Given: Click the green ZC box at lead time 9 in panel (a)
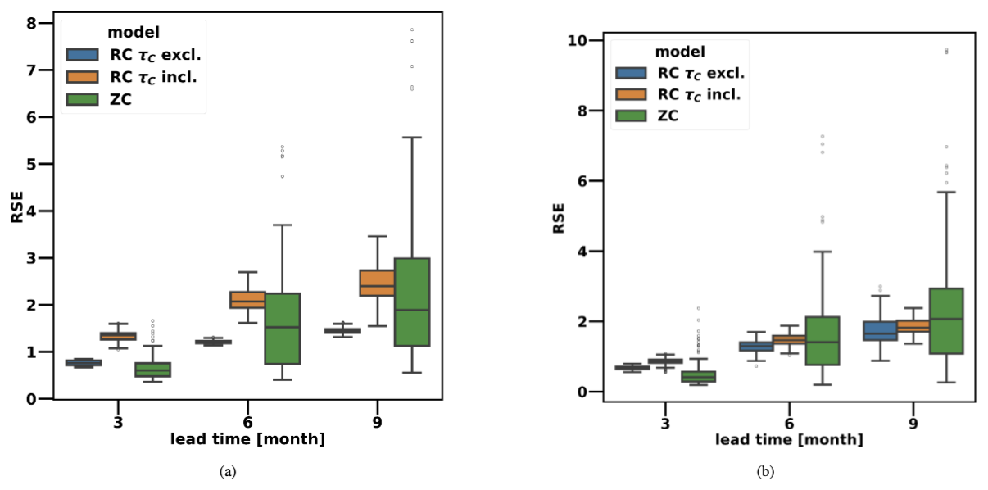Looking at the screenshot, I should click(412, 302).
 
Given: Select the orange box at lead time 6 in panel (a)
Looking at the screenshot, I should click(247, 299).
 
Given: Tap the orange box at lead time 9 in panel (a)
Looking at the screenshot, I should click(377, 283).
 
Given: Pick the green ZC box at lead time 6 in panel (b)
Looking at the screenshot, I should click(823, 340).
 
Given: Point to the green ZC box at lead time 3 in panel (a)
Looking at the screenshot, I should click(152, 369).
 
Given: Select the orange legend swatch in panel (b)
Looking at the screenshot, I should click(629, 94).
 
